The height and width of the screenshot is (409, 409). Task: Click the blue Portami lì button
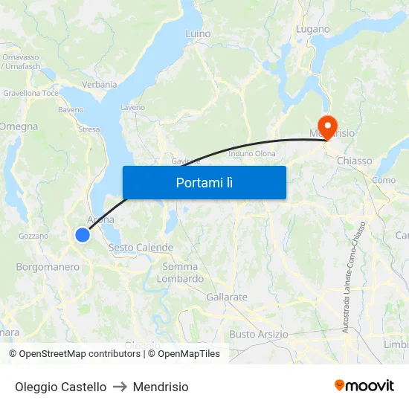click(204, 182)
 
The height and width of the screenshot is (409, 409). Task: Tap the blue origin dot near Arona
click(83, 235)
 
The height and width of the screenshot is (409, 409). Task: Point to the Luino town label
click(198, 33)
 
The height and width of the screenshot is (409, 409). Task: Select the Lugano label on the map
click(312, 29)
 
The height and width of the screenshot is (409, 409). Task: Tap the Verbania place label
click(100, 85)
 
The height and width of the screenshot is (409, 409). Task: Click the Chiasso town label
click(354, 161)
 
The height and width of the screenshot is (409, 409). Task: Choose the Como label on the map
click(384, 180)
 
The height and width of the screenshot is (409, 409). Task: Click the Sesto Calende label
click(141, 248)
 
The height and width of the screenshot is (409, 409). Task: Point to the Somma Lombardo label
click(180, 273)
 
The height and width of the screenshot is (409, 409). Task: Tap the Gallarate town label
click(227, 297)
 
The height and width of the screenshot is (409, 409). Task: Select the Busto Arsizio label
click(259, 334)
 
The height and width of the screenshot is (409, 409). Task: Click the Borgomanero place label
click(48, 267)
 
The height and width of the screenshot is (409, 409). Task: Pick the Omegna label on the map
click(19, 126)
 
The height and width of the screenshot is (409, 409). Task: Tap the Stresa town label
click(88, 129)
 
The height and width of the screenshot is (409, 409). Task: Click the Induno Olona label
click(252, 154)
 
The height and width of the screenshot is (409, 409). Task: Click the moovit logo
click(364, 386)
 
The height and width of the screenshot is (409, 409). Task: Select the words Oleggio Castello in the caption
click(60, 387)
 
